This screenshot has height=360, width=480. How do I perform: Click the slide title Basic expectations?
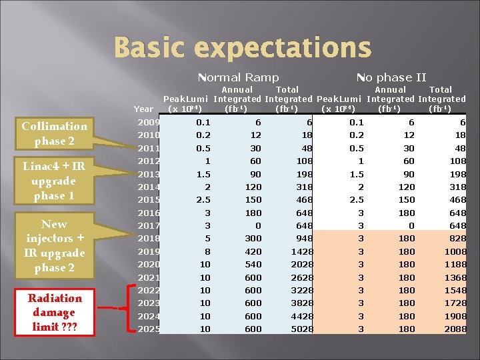tap(242, 48)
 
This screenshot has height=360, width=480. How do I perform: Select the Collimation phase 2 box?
tap(54, 133)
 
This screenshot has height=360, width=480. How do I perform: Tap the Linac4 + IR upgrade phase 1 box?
tap(54, 181)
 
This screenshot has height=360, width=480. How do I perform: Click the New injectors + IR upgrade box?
tap(54, 246)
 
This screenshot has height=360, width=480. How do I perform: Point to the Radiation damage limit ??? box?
tap(55, 312)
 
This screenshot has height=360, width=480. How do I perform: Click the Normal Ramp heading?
tap(239, 77)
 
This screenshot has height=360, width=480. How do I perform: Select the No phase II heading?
tap(391, 77)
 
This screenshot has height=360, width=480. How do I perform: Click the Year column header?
tap(143, 109)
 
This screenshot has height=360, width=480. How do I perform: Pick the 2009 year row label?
tap(148, 122)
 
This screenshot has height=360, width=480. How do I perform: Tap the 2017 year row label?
tap(148, 226)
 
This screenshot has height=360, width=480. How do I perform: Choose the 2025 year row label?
tap(148, 329)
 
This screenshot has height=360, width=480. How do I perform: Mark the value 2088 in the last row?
tap(455, 329)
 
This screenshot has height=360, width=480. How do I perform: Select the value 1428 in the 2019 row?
tap(301, 252)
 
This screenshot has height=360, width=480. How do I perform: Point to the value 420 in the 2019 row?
tap(252, 252)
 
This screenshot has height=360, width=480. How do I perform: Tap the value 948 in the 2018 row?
tap(304, 239)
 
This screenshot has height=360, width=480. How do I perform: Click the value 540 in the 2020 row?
tap(252, 265)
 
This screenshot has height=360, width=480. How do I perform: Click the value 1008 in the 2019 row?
tap(455, 252)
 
